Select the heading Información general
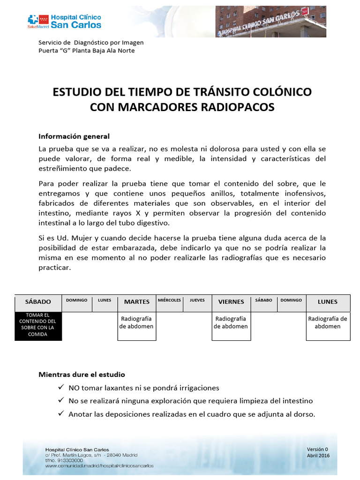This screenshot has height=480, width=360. pyautogui.click(x=74, y=136)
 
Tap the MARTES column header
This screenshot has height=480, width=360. pyautogui.click(x=136, y=301)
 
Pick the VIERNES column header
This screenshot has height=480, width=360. pyautogui.click(x=231, y=301)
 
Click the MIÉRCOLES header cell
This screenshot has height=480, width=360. pyautogui.click(x=169, y=300)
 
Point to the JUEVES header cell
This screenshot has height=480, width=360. pyautogui.click(x=197, y=300)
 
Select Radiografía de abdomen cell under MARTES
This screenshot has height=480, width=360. pyautogui.click(x=136, y=322)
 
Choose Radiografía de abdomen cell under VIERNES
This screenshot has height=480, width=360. pyautogui.click(x=231, y=322)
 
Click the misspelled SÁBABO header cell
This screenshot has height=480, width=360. pyautogui.click(x=263, y=300)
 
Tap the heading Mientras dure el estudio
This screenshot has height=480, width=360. pyautogui.click(x=82, y=375)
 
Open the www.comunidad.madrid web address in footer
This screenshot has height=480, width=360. pyautogui.click(x=99, y=466)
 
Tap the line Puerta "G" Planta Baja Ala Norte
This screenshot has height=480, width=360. pyautogui.click(x=86, y=51)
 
